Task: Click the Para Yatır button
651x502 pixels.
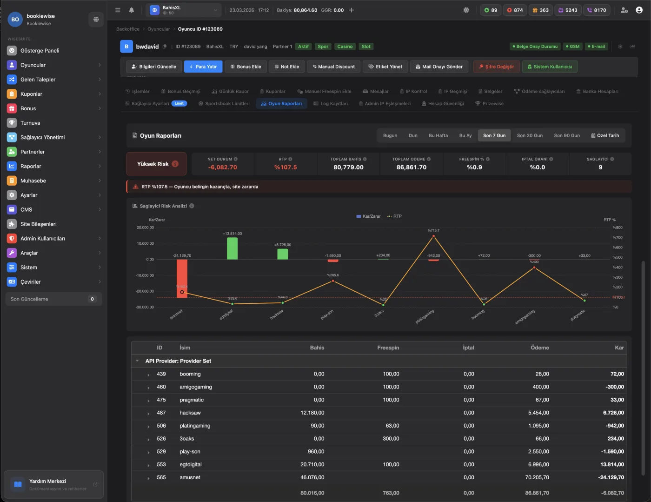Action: coord(203,67)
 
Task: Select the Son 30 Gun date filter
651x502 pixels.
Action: coord(530,135)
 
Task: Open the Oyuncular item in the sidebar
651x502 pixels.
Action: coord(33,65)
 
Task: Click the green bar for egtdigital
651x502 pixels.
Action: coord(232,248)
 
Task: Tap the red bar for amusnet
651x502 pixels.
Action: coord(182,278)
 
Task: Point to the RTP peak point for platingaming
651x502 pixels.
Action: coord(433,236)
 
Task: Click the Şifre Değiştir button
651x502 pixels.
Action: coord(496,67)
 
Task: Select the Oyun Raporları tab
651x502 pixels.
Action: coord(281,104)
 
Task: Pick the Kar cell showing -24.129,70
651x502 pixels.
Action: coord(611,477)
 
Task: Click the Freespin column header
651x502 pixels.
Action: coord(388,348)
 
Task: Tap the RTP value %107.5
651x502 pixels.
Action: coord(285,167)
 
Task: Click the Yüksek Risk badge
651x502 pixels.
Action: coord(156,164)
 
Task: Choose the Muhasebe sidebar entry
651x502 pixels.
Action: coord(33,181)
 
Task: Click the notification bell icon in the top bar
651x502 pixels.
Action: coord(131,10)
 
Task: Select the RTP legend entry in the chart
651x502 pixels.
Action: coord(394,216)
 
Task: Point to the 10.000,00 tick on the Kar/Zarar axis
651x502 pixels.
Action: coord(145,243)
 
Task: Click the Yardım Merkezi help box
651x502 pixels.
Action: coord(53,484)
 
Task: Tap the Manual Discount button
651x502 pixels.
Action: coord(333,67)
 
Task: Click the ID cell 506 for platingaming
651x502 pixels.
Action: coord(161,426)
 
